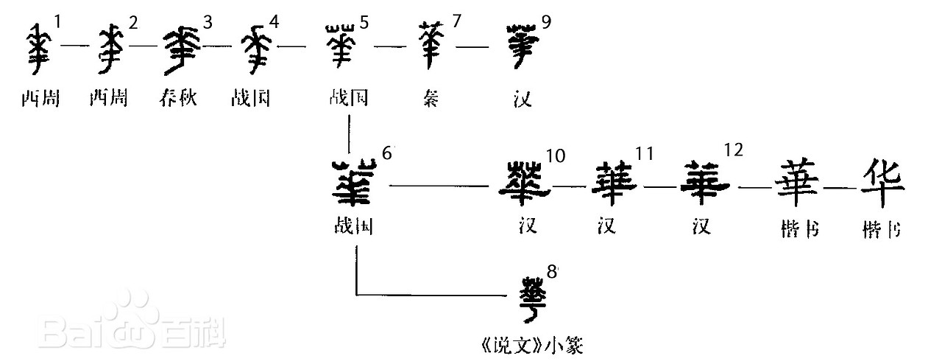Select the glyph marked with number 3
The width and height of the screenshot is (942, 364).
(x=177, y=47)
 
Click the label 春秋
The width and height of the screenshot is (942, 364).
(x=177, y=98)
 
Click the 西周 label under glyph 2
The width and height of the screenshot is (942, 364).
(x=108, y=98)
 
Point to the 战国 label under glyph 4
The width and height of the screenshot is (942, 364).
(x=249, y=98)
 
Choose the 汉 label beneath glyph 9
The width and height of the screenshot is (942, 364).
(x=523, y=98)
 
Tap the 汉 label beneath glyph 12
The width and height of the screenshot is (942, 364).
(x=702, y=228)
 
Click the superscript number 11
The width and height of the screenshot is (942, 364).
(x=645, y=153)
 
